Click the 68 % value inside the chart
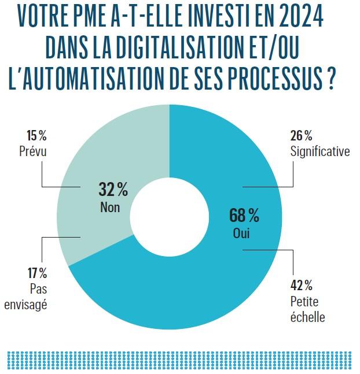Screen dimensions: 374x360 coord(244,216)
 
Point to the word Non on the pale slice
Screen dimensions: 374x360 coord(109,206)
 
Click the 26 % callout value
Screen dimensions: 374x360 coord(300,136)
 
